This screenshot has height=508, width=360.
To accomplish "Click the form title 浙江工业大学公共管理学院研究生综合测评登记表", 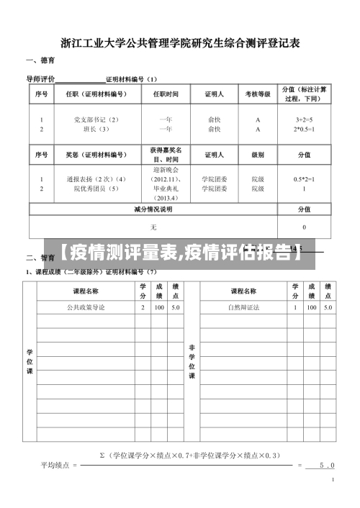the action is coord(180,42).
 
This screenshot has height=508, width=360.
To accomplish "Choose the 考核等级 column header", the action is coord(258,94).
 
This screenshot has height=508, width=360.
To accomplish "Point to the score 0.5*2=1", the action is coord(304,178).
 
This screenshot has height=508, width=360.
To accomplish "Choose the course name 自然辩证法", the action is coord(243,307).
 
